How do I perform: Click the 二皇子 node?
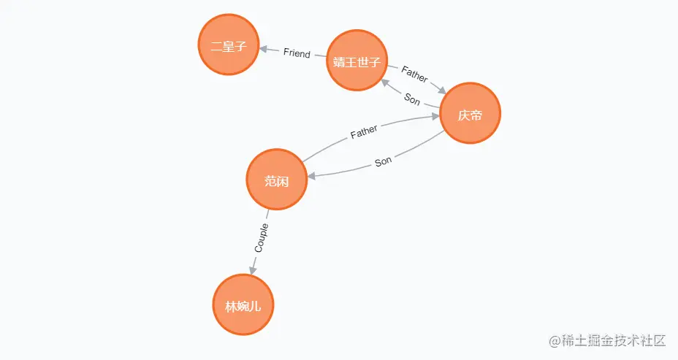pos(229,45)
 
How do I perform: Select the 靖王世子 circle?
pos(357,61)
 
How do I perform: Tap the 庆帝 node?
pos(470,114)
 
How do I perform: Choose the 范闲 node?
pos(276,180)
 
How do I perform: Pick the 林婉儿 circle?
pos(243,305)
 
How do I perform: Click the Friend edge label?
pos(297,53)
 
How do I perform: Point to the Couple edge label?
pos(261,238)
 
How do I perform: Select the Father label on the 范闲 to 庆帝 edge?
pos(364,131)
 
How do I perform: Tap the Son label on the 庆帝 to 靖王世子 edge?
pos(412,99)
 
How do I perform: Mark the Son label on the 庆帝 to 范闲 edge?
pos(383,161)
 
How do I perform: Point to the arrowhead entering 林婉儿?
pos(252,269)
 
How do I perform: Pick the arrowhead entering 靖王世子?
pos(384,82)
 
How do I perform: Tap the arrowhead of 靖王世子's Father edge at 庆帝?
pos(442,90)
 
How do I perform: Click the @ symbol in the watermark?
pos(543,341)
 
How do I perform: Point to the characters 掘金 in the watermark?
pos(588,341)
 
